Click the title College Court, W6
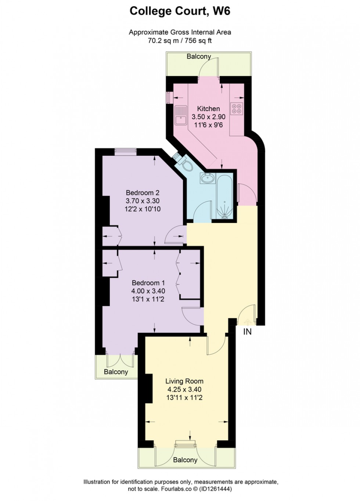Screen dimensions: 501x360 (x=180, y=11)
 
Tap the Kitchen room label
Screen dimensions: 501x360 (x=208, y=109)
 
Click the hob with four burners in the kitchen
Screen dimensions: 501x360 (x=236, y=108)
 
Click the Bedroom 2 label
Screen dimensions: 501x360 (x=143, y=193)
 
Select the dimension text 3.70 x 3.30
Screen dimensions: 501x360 (x=143, y=201)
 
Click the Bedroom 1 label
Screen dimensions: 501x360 (x=148, y=283)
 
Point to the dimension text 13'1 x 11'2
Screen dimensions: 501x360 (x=148, y=299)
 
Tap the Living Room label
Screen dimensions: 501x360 (x=184, y=381)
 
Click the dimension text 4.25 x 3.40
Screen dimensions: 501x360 (x=184, y=389)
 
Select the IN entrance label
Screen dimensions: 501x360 (x=248, y=332)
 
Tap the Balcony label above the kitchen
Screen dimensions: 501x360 (x=199, y=57)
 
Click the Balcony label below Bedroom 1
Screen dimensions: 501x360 (x=116, y=372)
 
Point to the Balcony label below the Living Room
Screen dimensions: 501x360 (x=185, y=460)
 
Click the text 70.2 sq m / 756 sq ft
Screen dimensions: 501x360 (x=180, y=41)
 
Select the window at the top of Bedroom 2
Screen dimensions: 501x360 (x=125, y=150)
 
